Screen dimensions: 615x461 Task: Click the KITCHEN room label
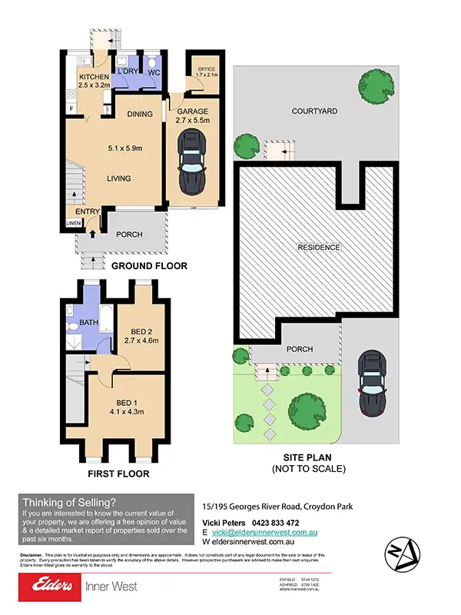point(93,78)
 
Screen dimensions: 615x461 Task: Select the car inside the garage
point(191,161)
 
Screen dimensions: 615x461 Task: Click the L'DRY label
point(126,73)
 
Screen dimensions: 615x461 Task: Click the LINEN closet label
point(72,224)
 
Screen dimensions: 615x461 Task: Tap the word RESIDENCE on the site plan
point(320,248)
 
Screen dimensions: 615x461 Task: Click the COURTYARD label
point(314,111)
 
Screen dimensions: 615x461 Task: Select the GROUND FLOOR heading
point(150,266)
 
